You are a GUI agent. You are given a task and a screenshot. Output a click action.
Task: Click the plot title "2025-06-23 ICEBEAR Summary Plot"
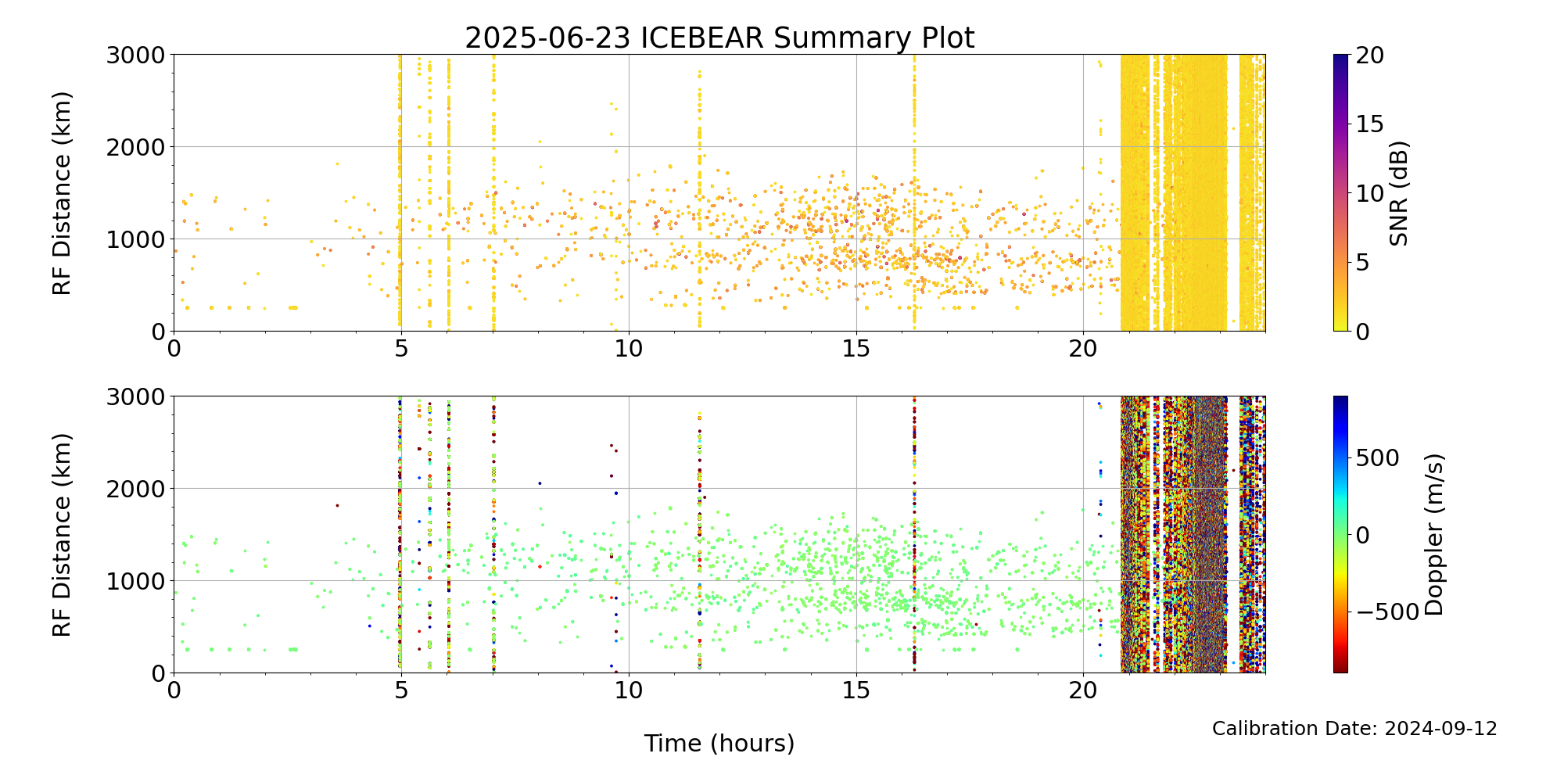(719, 38)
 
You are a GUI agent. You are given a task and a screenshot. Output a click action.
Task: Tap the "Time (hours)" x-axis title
(719, 743)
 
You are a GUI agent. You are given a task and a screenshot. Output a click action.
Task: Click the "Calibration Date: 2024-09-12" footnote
(1354, 729)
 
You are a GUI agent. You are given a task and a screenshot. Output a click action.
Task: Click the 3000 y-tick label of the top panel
(136, 55)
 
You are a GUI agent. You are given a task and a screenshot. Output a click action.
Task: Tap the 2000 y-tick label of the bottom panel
(136, 489)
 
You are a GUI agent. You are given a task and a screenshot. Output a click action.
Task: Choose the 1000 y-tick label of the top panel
(136, 239)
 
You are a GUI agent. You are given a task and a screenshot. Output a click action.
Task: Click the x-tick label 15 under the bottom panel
(856, 691)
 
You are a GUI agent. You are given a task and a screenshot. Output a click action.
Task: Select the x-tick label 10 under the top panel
(629, 349)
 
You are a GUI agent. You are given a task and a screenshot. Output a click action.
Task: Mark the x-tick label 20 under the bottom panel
(1083, 691)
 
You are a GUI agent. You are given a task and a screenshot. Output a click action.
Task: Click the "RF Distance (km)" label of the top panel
(62, 193)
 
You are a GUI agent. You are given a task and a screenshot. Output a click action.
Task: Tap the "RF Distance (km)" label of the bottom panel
(62, 535)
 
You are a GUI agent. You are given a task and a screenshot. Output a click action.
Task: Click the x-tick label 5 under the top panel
(401, 349)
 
